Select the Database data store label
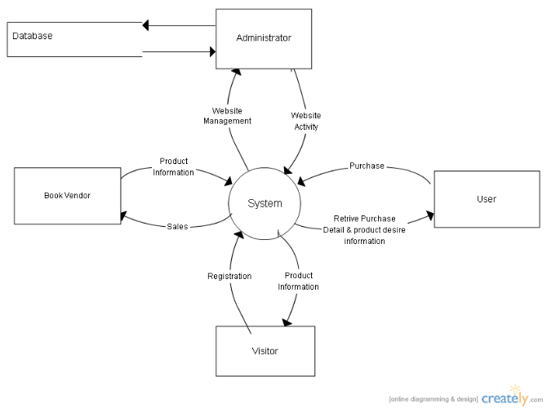pos(33,36)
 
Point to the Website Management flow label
pos(227,116)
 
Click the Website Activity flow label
pos(306,121)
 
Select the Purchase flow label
pos(367,166)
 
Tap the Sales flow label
pos(177,227)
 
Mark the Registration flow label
pos(229,276)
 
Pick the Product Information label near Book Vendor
pos(173,166)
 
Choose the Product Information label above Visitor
pos(298,281)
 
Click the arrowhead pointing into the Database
pos(145,25)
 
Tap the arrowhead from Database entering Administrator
pos(212,52)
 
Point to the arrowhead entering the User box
pos(430,215)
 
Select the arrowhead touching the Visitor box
pos(287,322)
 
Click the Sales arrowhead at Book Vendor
pos(123,216)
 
